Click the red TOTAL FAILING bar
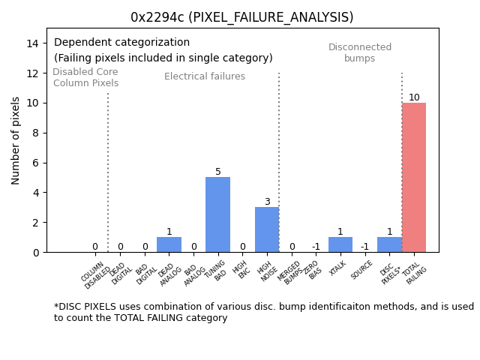point(414,178)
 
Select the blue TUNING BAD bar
point(217,214)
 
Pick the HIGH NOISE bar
point(267,229)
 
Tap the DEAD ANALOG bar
point(169,244)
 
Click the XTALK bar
point(340,244)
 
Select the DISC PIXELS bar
point(389,244)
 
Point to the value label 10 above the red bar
point(414,97)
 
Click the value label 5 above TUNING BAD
point(218,172)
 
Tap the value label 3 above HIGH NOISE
point(267,202)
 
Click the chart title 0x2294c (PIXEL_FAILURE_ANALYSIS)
point(241,17)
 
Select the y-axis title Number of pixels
point(16,140)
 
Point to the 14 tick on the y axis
point(32,43)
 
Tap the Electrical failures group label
point(205,76)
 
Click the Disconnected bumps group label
point(360,52)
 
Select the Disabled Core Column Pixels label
point(85,77)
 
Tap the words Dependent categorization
point(121,43)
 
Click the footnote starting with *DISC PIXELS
point(263,312)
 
